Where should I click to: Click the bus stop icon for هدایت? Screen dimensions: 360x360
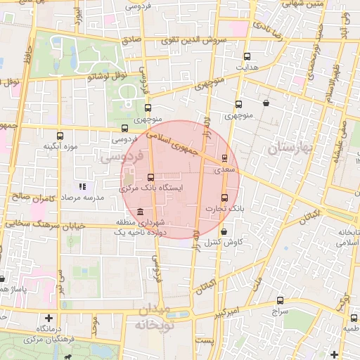point(247,56)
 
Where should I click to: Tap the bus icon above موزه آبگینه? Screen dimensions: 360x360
point(59,136)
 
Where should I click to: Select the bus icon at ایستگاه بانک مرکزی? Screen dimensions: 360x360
point(150,177)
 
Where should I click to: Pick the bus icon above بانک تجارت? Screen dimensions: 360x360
point(224,198)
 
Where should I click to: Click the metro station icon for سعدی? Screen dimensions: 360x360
point(224,158)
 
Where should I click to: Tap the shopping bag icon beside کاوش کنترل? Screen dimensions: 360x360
point(224,231)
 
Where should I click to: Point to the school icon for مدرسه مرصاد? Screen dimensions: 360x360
point(82,187)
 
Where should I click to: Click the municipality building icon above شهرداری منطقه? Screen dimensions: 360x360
point(141,212)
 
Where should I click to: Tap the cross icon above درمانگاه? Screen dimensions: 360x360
point(48,318)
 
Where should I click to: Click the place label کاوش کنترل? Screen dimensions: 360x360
point(224,243)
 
